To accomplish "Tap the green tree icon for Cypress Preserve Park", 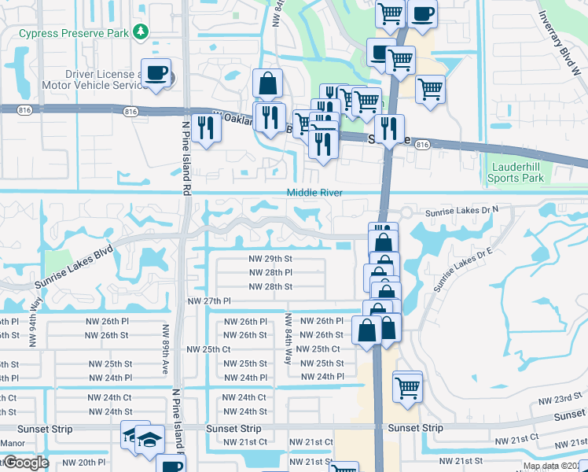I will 141,31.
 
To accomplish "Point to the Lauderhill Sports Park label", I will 517,173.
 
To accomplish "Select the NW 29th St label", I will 270,258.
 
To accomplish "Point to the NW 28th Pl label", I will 270,272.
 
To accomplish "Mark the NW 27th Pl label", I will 209,301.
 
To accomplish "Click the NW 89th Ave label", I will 166,350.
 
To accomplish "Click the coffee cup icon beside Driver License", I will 156,73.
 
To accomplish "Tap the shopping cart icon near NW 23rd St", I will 408,386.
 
